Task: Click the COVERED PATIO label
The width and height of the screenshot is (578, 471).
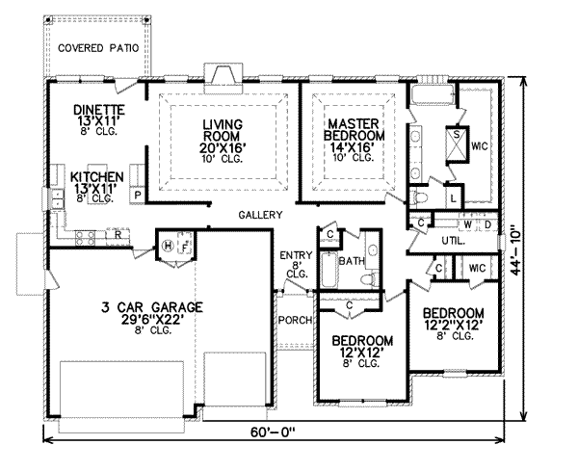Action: tap(98, 48)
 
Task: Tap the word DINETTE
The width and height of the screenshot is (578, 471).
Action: tap(99, 110)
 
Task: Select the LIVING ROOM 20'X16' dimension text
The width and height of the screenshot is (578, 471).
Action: tap(223, 147)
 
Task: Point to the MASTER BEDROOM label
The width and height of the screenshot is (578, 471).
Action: tap(354, 129)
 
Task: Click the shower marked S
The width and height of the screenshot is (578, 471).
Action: tap(457, 144)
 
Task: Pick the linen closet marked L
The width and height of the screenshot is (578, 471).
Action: tap(454, 198)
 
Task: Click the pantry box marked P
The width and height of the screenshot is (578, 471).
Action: tap(138, 195)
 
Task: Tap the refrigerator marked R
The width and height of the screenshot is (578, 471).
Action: tap(118, 234)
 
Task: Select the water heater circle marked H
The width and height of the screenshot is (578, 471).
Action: tap(168, 246)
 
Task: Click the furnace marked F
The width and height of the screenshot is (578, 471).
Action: tap(185, 244)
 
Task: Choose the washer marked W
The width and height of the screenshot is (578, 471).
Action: tap(468, 224)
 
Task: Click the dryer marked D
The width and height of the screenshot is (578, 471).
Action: tap(487, 224)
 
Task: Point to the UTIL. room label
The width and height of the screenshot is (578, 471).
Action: tap(454, 241)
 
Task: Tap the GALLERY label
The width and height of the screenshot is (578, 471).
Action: tap(261, 215)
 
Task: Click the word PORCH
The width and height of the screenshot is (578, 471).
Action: tap(296, 320)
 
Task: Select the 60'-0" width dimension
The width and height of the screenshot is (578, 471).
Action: tap(274, 432)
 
